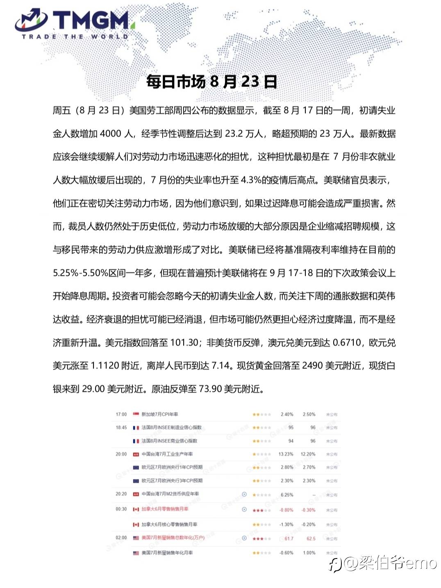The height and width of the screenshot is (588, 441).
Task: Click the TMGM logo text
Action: [91, 20]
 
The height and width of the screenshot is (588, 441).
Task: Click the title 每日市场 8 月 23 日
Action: [211, 82]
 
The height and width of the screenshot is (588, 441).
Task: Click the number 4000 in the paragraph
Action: [111, 134]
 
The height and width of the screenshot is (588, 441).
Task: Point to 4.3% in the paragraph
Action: [251, 180]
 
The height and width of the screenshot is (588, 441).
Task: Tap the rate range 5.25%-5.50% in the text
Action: [80, 273]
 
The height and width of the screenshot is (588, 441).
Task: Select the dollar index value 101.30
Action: [184, 343]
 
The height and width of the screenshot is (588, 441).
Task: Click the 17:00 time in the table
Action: [121, 414]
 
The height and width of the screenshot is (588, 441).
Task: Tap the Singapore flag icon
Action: [136, 414]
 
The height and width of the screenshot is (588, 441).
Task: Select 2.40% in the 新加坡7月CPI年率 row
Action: [287, 414]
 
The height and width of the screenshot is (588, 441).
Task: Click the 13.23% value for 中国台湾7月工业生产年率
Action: [286, 454]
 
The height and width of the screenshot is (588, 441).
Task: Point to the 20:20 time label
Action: [121, 494]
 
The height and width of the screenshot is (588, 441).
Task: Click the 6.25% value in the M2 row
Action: [287, 495]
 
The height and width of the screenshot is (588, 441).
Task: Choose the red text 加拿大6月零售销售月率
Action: [165, 509]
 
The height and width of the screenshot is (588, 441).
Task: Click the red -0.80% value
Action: [286, 510]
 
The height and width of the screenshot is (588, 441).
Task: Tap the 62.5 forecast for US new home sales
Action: [311, 538]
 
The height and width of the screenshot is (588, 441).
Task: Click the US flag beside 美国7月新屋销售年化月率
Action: [136, 553]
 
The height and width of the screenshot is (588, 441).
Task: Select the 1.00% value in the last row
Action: [309, 553]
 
